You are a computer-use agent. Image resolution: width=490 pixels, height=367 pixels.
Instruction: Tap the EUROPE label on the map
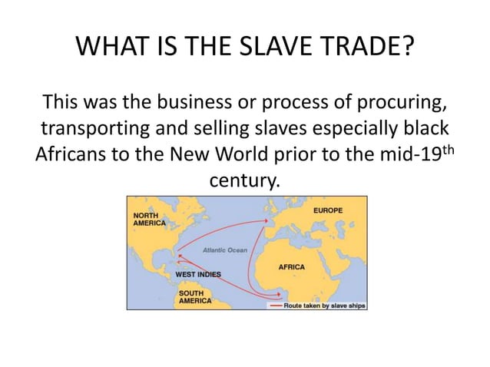[x=328, y=210]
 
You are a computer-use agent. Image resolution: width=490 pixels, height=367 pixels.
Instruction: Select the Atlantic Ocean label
[x=224, y=250]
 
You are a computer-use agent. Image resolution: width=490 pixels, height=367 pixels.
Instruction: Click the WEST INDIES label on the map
[x=199, y=274]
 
